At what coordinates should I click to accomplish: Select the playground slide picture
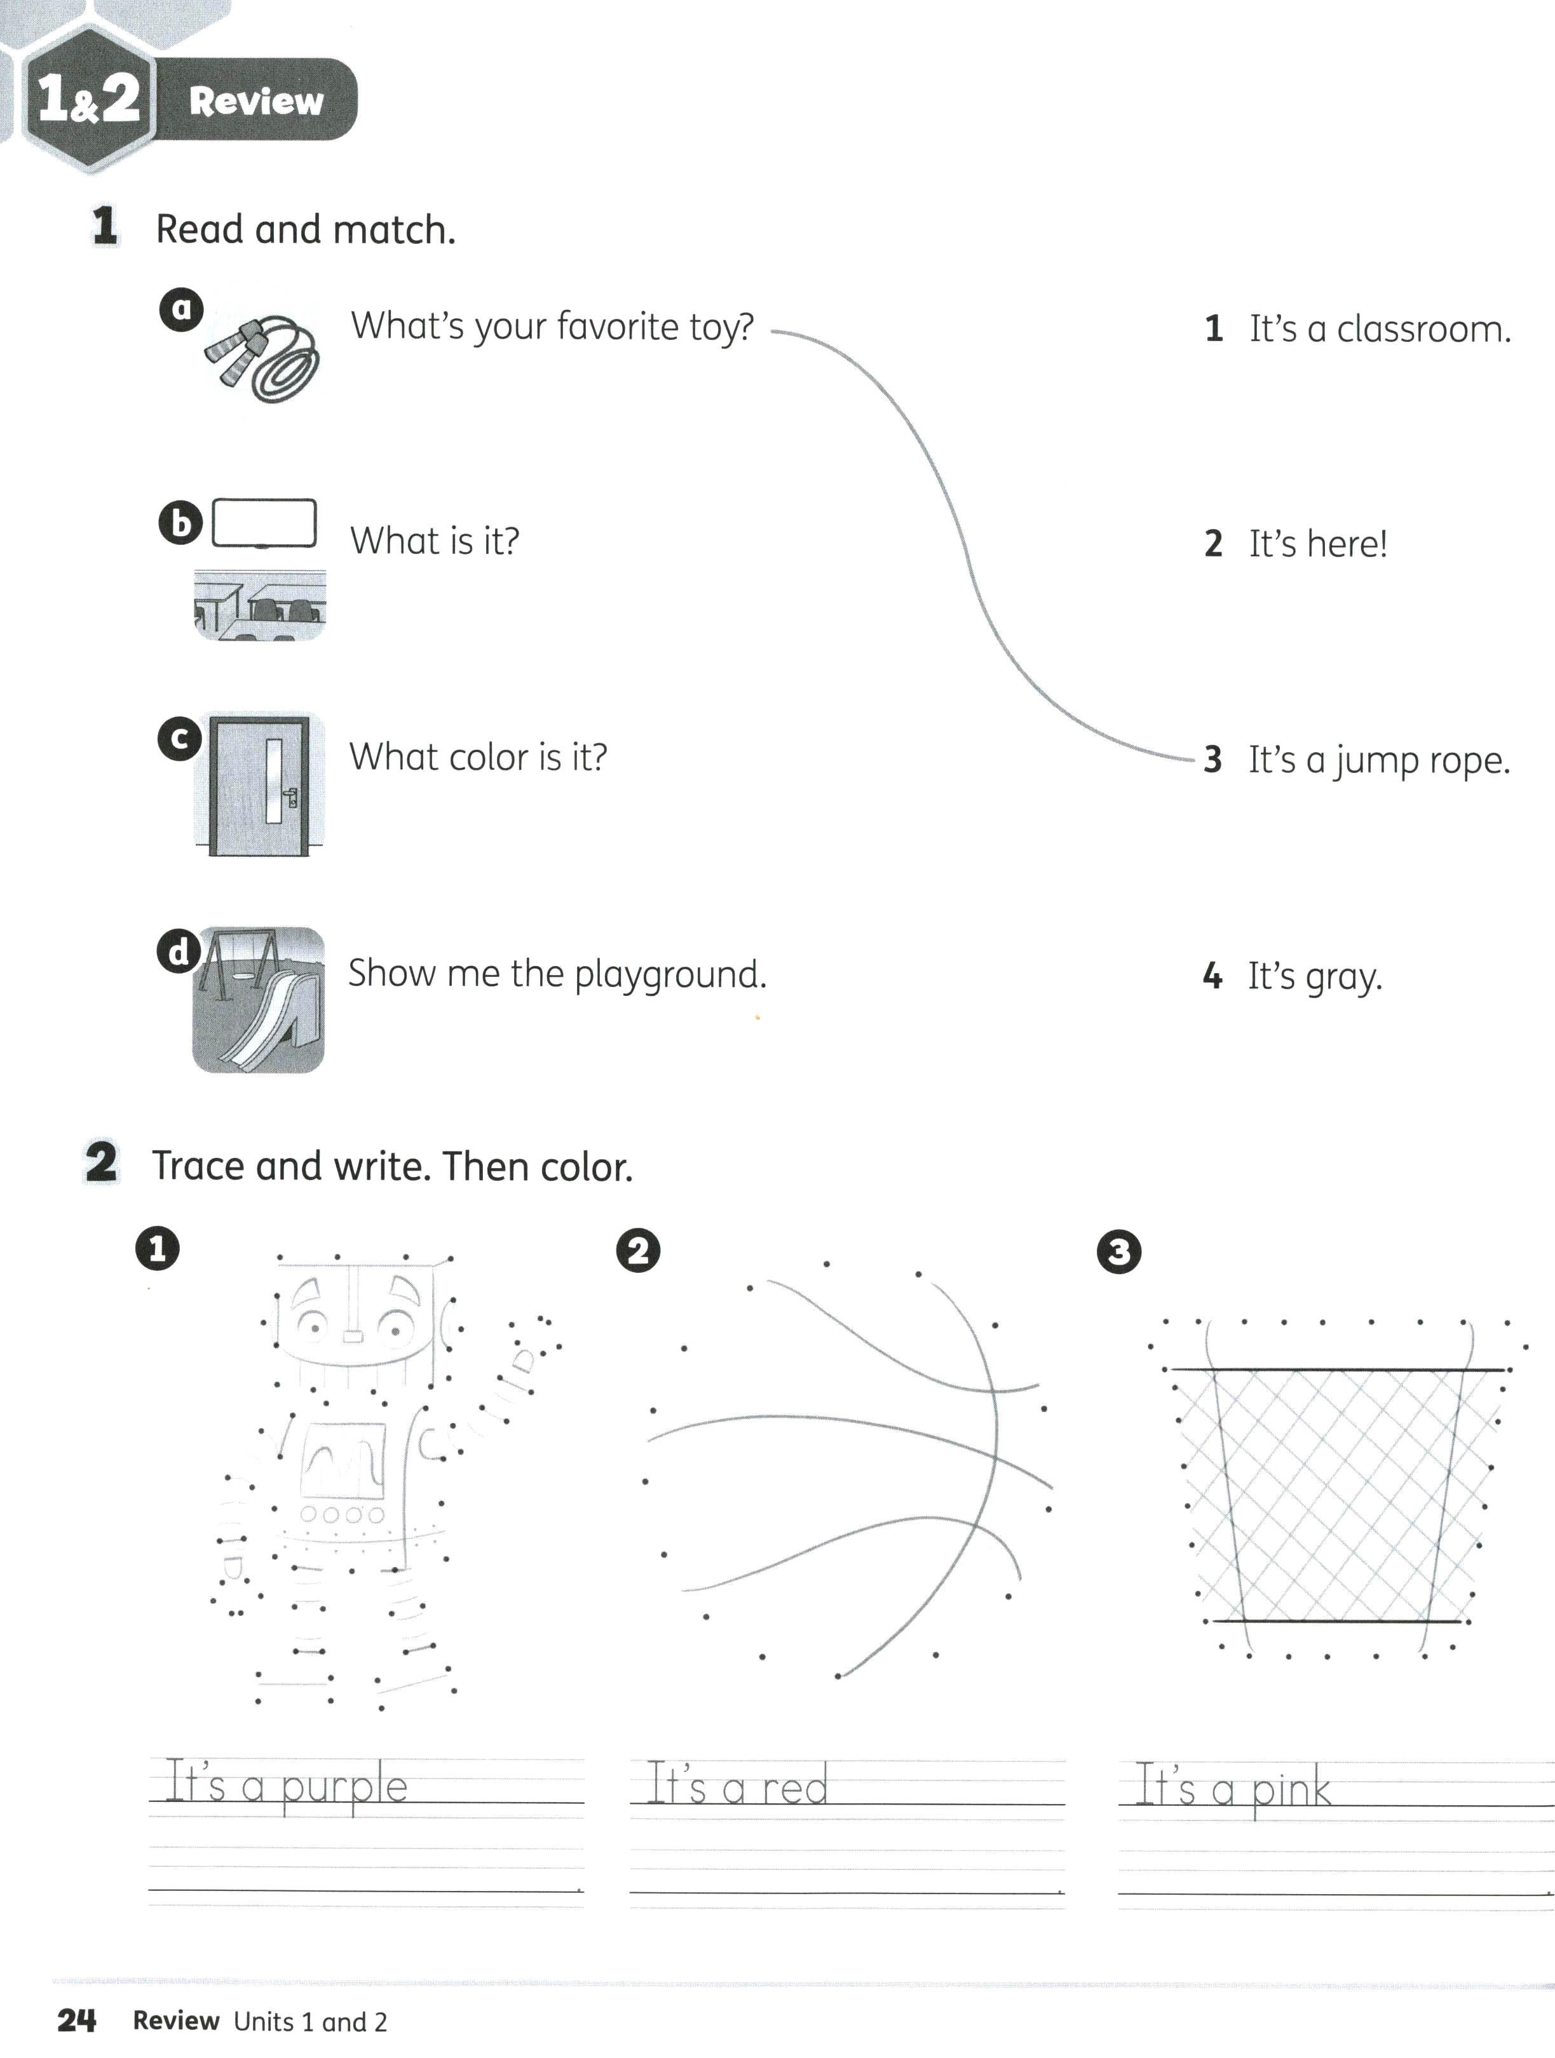(259, 1000)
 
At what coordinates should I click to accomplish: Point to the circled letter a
(182, 308)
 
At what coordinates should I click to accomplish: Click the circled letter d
(178, 951)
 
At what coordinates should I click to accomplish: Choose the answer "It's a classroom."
(1379, 330)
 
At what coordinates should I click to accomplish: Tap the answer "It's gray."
(1314, 977)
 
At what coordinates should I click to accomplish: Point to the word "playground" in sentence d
(670, 975)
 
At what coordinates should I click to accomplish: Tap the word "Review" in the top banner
(256, 100)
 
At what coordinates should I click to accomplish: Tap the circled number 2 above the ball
(639, 1251)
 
